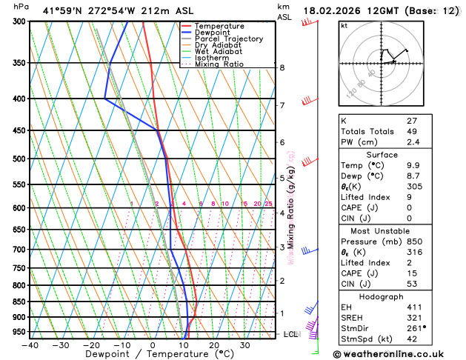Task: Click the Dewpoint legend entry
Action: pyautogui.click(x=219, y=32)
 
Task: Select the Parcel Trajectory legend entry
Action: pyautogui.click(x=228, y=39)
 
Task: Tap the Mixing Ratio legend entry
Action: pyautogui.click(x=222, y=64)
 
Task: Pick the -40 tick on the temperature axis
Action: pyautogui.click(x=30, y=345)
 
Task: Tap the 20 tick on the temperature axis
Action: pyautogui.click(x=213, y=345)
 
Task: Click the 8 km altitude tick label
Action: pyautogui.click(x=282, y=67)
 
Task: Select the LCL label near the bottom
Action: pyautogui.click(x=290, y=334)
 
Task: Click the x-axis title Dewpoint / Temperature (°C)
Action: pyautogui.click(x=152, y=355)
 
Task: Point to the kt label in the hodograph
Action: pyautogui.click(x=344, y=25)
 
